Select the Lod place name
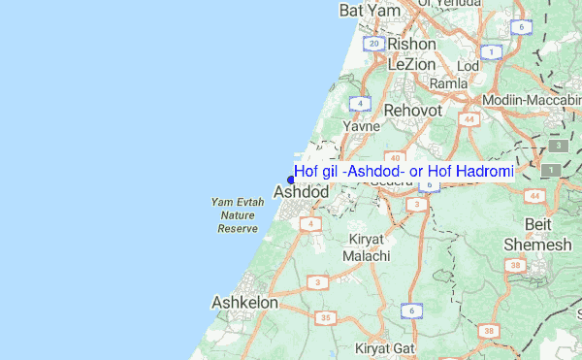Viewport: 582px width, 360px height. (469, 66)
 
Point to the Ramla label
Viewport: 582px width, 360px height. (448, 84)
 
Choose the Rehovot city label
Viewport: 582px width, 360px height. (413, 112)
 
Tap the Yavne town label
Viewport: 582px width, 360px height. (361, 127)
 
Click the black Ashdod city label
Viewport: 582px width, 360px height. (302, 192)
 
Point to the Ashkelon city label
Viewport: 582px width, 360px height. (244, 303)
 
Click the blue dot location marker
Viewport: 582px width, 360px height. (291, 179)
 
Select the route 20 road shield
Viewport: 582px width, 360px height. (373, 44)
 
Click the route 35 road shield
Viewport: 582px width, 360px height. (327, 317)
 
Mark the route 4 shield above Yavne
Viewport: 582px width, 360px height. (361, 103)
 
